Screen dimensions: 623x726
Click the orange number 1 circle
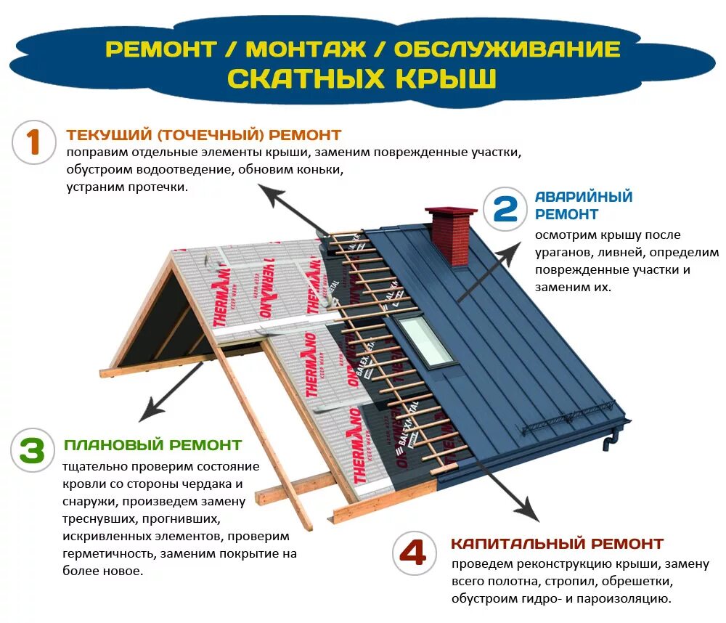(x=33, y=142)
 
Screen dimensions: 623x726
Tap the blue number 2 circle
(x=505, y=208)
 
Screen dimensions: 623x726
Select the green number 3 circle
(x=33, y=451)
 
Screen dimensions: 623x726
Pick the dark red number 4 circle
(x=415, y=553)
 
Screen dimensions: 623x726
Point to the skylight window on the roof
(x=425, y=338)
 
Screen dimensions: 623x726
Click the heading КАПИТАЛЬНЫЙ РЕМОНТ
(x=557, y=544)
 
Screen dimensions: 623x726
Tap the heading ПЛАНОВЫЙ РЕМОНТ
(x=152, y=444)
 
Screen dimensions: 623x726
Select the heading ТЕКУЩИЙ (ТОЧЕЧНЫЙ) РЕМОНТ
(x=203, y=135)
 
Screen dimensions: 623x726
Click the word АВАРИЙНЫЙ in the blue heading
(x=584, y=197)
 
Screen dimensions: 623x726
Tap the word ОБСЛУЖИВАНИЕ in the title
(x=507, y=49)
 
